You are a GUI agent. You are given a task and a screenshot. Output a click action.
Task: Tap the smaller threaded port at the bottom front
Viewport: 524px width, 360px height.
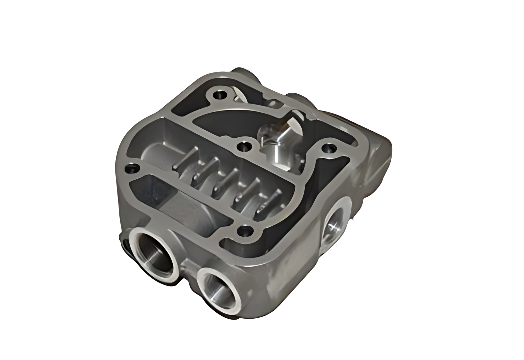(x=218, y=285)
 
